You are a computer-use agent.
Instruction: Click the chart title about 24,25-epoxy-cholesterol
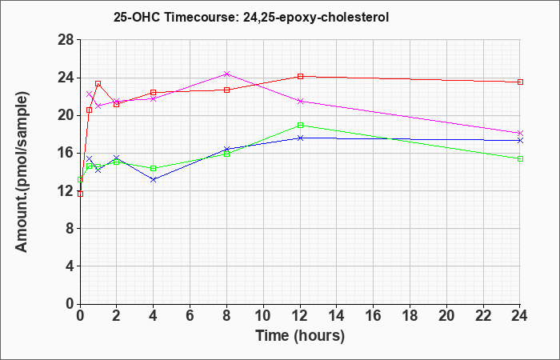coord(251,17)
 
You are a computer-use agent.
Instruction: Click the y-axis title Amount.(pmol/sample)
coord(22,172)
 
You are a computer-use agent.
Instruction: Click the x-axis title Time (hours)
coord(300,336)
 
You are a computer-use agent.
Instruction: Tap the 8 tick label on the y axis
coord(70,229)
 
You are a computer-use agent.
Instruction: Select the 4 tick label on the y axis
coord(70,266)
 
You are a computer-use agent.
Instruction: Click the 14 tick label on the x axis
coord(337,316)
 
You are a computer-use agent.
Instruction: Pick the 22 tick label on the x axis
coord(483,316)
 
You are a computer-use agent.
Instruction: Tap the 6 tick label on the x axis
coord(190,316)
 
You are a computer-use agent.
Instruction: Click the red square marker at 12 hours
coord(300,76)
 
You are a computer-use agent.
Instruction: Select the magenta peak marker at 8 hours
coord(226,74)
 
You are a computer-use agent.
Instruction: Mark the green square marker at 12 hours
coord(300,125)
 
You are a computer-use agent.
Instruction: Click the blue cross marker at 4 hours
coord(154,179)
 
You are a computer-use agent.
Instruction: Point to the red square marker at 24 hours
coord(520,82)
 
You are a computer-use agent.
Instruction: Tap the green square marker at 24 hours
coord(520,158)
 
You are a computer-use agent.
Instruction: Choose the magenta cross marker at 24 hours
coord(520,133)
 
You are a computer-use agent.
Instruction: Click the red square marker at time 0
coord(80,194)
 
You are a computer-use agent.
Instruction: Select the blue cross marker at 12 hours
coord(300,138)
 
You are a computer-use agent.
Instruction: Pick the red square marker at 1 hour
coord(98,83)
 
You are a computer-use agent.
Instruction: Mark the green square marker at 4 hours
coord(154,168)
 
